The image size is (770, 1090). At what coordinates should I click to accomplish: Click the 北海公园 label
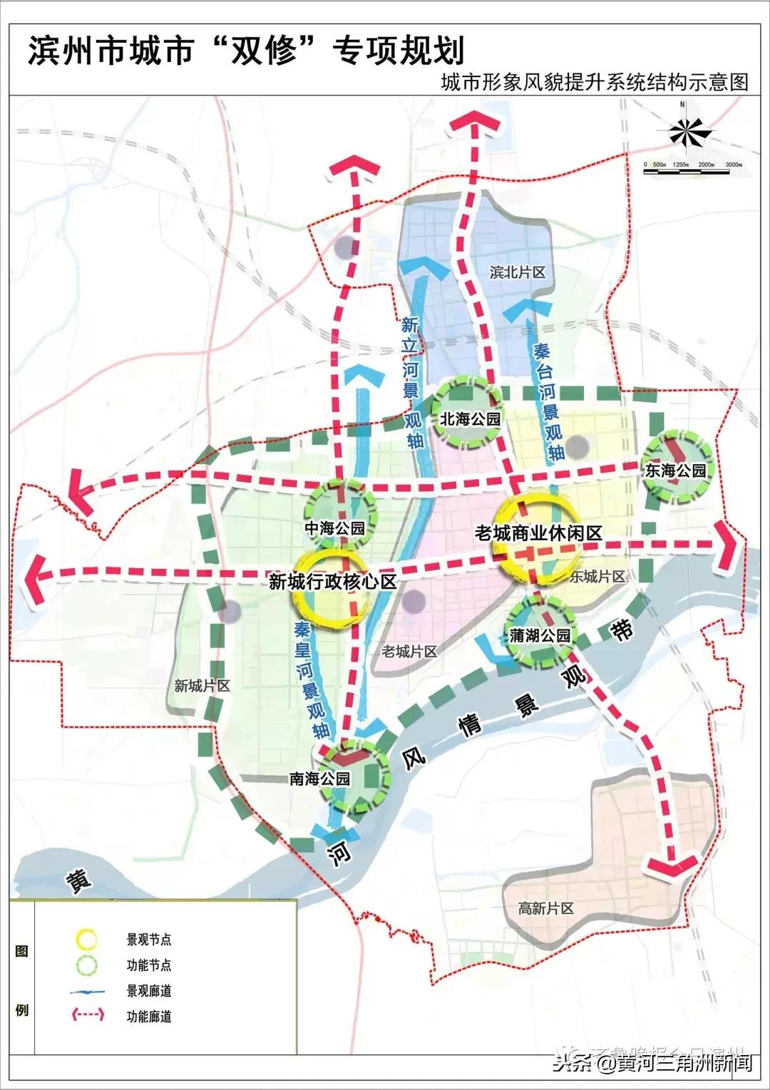[x=470, y=419]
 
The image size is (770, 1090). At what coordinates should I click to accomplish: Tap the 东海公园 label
[x=675, y=471]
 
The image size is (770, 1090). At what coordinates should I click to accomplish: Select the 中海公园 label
[x=334, y=528]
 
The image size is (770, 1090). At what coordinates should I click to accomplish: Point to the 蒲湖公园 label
[x=540, y=635]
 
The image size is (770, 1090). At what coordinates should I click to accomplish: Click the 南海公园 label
[x=319, y=778]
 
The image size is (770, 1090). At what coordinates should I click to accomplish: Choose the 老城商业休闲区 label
[x=539, y=533]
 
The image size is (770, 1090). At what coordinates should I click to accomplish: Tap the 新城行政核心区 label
[x=332, y=582]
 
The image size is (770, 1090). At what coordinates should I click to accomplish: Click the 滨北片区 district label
[x=517, y=272]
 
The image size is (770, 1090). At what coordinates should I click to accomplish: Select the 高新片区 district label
[x=545, y=909]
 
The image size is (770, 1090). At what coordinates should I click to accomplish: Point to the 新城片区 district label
[x=202, y=686]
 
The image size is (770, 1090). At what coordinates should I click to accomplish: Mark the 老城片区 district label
[x=409, y=651]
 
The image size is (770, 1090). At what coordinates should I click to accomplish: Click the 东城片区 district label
[x=597, y=577]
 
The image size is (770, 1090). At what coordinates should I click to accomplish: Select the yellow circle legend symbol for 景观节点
[x=86, y=939]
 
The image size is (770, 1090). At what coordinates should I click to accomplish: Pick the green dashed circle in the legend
[x=86, y=965]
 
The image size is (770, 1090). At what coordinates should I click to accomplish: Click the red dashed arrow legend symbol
[x=86, y=1016]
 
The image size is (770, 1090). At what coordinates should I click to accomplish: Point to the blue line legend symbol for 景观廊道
[x=86, y=991]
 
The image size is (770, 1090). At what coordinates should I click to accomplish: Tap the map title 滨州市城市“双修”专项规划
[x=246, y=51]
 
